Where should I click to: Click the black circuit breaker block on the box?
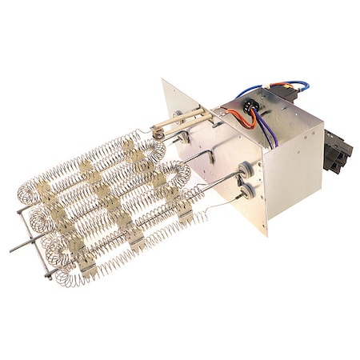(x=337, y=152)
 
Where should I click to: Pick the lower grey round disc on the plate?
(x=249, y=190)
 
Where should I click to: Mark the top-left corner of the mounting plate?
(x=163, y=81)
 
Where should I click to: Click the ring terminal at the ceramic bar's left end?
(x=158, y=134)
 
